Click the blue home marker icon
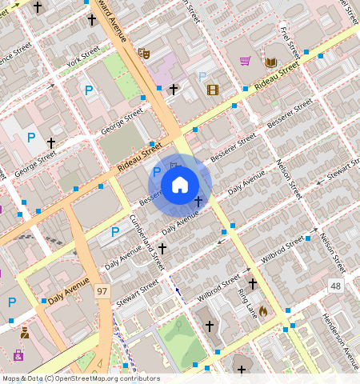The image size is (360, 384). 180,185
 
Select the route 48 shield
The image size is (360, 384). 334,286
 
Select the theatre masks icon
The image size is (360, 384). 144,53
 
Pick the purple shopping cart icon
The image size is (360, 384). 246,61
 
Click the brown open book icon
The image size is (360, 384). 271,62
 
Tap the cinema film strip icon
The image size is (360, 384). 212,89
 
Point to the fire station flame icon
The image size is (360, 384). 263,310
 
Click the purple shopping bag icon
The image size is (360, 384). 18,354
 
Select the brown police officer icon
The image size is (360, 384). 25,332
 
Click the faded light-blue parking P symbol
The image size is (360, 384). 202,77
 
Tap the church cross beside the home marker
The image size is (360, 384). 198,201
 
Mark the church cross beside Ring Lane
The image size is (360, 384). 251,283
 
